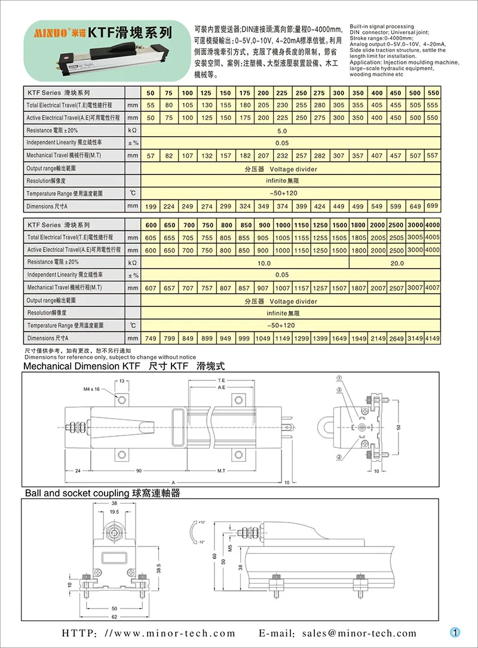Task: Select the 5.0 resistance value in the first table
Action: (282, 130)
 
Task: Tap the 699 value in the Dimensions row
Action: (433, 206)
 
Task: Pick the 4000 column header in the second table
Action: (433, 225)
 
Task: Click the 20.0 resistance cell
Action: (397, 262)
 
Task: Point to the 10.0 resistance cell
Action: (264, 262)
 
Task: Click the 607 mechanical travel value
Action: (151, 288)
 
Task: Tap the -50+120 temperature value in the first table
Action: (282, 194)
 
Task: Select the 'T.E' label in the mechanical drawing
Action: (221, 380)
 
